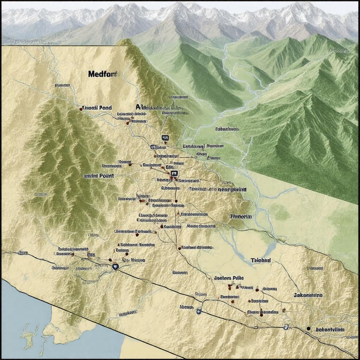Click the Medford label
click(103, 74)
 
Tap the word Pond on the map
click(105, 108)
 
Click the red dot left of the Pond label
click(81, 109)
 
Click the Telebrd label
click(261, 261)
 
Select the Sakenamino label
click(308, 295)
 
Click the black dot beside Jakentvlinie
click(308, 328)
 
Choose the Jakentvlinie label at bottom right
click(330, 329)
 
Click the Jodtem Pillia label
click(229, 278)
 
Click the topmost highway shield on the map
click(165, 138)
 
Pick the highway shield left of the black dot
click(286, 327)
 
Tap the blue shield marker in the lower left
click(115, 267)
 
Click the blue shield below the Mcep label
click(199, 311)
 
